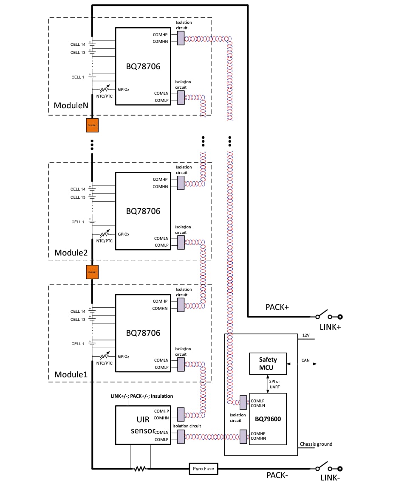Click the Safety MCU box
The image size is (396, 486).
click(x=268, y=363)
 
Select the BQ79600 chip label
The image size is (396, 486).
click(x=268, y=419)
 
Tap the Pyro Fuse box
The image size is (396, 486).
click(x=204, y=469)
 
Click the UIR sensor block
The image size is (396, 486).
click(x=143, y=425)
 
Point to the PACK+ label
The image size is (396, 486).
click(x=277, y=307)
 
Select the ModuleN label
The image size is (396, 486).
click(x=71, y=105)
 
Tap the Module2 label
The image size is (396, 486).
click(x=71, y=253)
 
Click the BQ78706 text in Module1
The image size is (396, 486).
click(x=143, y=333)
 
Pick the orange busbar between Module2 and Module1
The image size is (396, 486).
click(x=92, y=272)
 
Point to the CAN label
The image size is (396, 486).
click(x=305, y=360)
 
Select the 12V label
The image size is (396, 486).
click(x=306, y=335)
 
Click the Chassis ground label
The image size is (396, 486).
click(x=316, y=444)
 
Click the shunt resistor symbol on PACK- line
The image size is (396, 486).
click(x=140, y=469)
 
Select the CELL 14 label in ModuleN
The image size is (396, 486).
click(x=78, y=44)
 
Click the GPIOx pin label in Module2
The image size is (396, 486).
click(x=124, y=234)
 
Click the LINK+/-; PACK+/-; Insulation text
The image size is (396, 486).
click(x=142, y=396)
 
